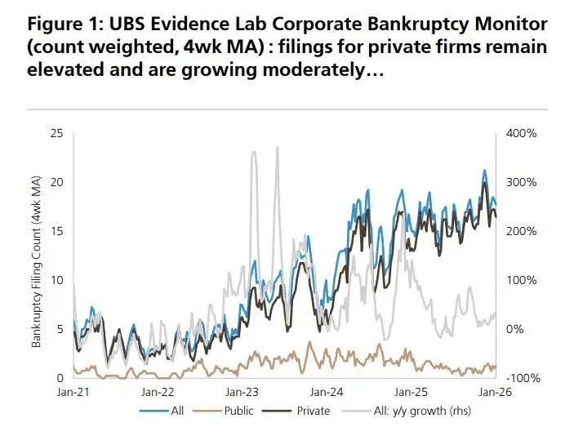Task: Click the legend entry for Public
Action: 239,411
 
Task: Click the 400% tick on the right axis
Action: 520,133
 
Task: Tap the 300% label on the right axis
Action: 520,182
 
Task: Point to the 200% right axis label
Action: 520,231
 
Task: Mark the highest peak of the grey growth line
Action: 278,148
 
